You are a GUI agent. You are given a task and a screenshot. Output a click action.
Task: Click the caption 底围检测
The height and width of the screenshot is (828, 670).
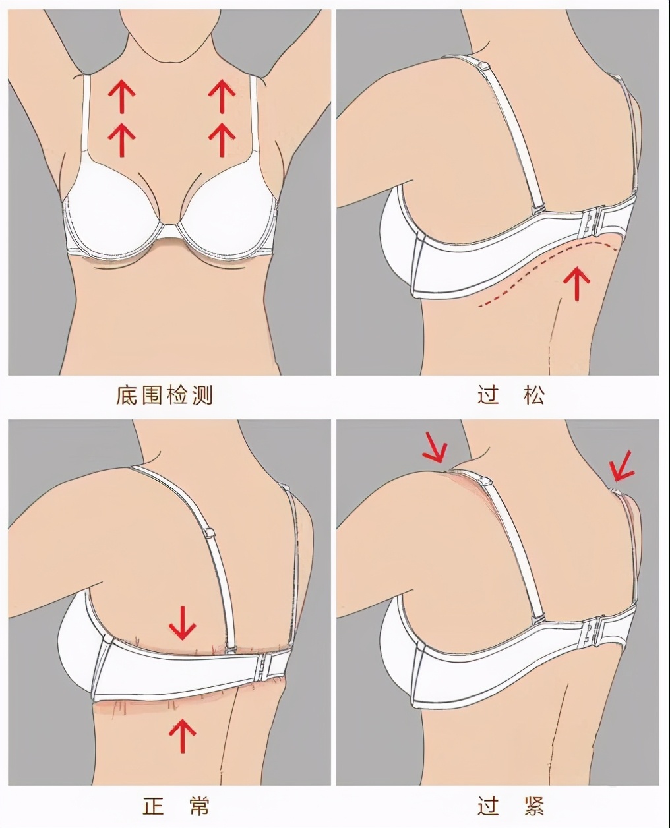point(165,396)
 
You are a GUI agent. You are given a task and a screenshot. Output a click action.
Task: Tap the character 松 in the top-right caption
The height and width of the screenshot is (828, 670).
point(535,396)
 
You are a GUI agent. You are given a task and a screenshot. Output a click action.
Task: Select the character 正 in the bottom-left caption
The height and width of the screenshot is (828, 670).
point(153,806)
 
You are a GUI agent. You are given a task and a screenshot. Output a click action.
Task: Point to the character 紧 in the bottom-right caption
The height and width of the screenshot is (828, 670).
point(535,806)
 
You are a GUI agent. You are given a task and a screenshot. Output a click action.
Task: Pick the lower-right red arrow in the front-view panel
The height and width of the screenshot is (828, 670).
point(222,139)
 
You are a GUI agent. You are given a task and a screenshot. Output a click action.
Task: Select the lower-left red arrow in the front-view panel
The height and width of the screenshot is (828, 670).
point(122,139)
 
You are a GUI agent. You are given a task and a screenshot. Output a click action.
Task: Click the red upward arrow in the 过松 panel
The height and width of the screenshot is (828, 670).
point(578,283)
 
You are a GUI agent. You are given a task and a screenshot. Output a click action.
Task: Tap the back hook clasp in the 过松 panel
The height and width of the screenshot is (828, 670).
point(592,221)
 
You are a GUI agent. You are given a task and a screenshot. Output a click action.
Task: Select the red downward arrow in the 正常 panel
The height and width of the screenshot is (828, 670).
point(183,623)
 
